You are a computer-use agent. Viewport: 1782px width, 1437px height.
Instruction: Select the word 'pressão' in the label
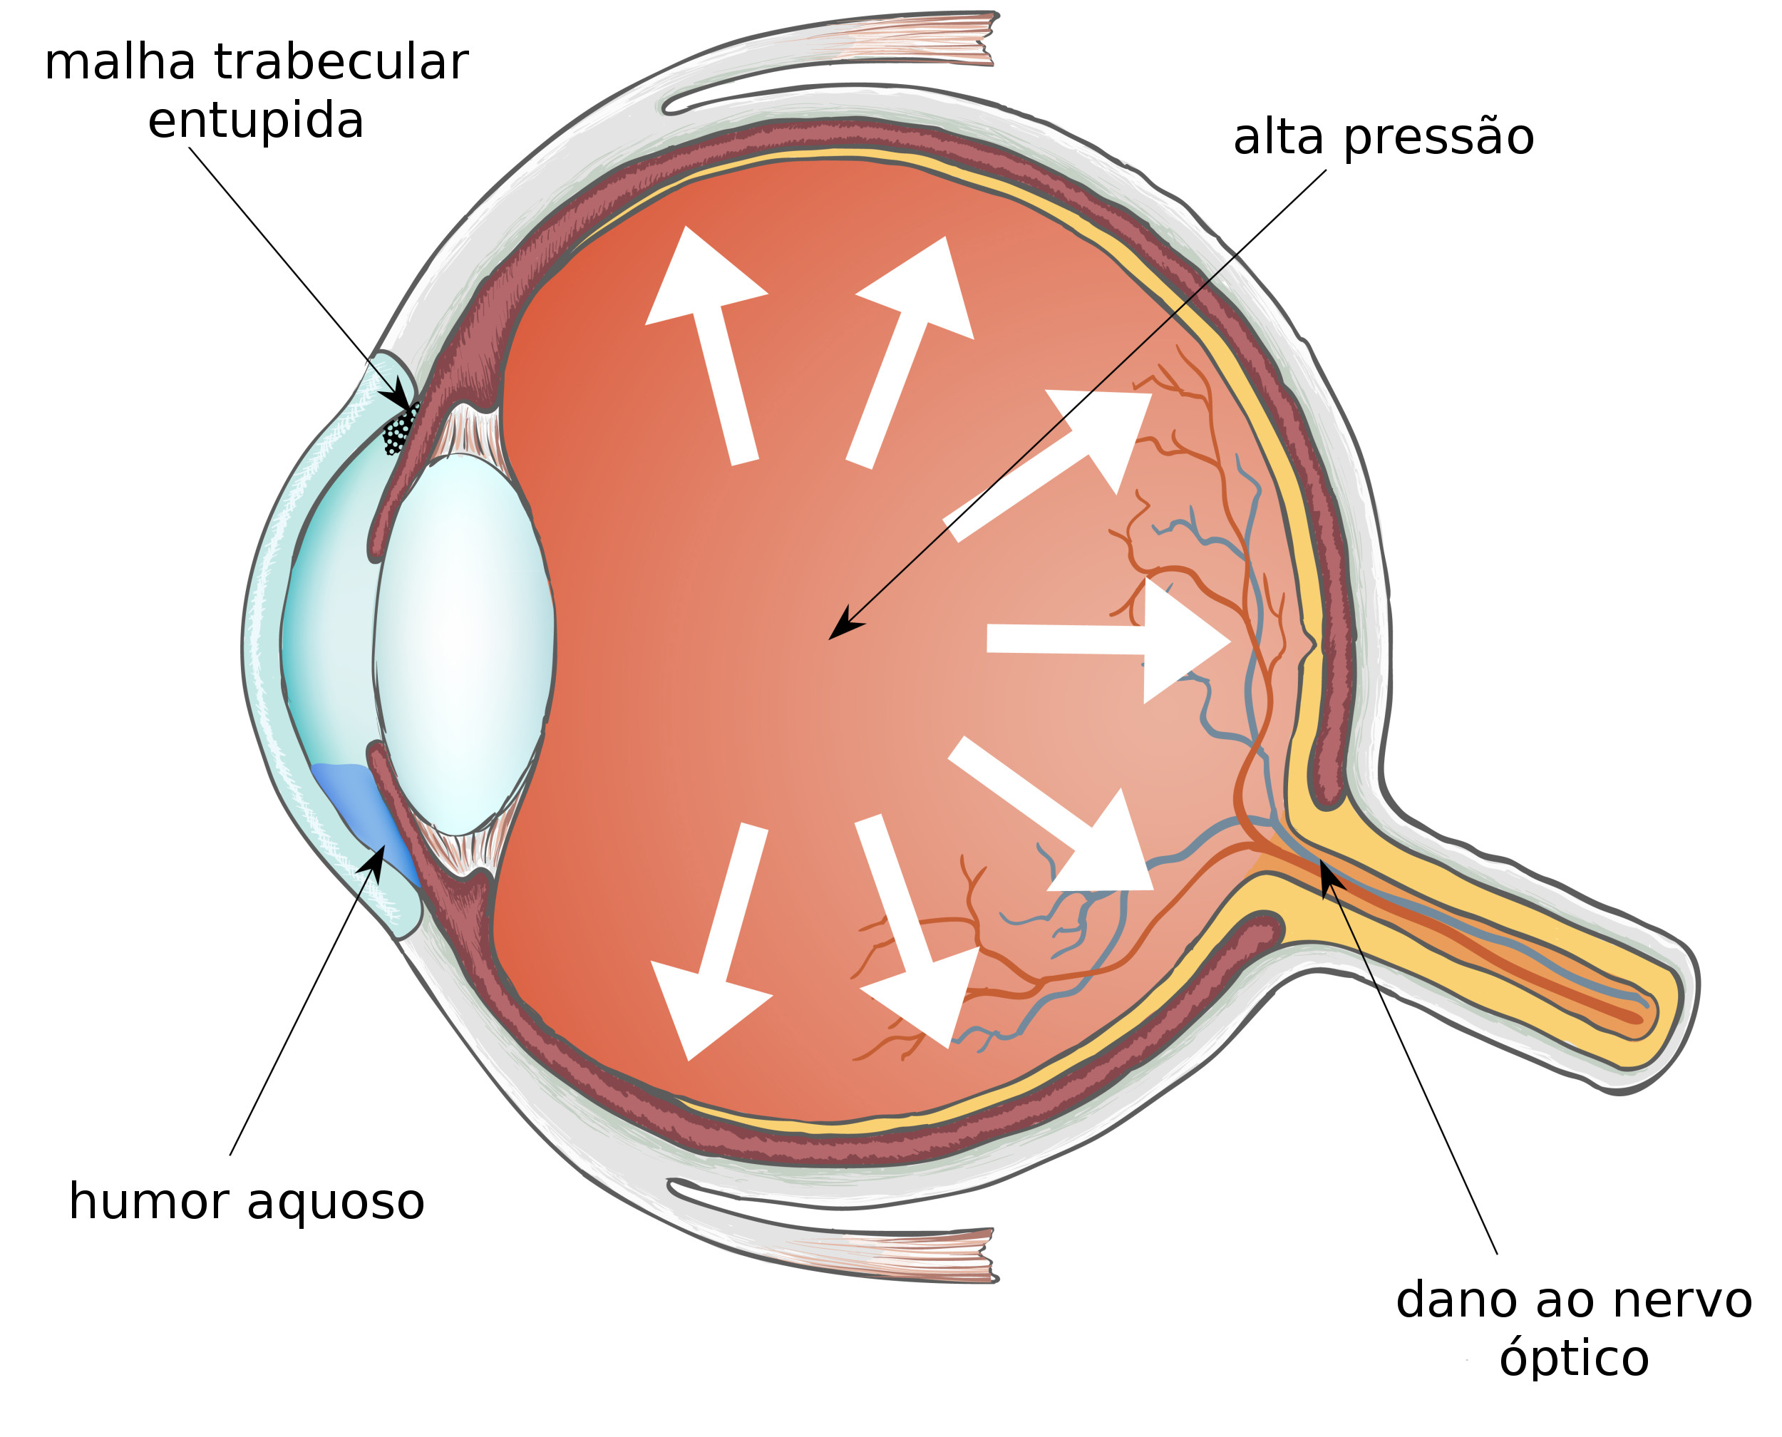pos(1438,138)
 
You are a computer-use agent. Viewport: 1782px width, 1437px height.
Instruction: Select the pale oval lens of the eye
pos(463,643)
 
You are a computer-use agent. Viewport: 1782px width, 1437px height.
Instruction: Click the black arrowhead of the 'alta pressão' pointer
pos(844,623)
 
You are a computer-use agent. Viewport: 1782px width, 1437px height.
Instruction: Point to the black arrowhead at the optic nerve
pos(1329,877)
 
